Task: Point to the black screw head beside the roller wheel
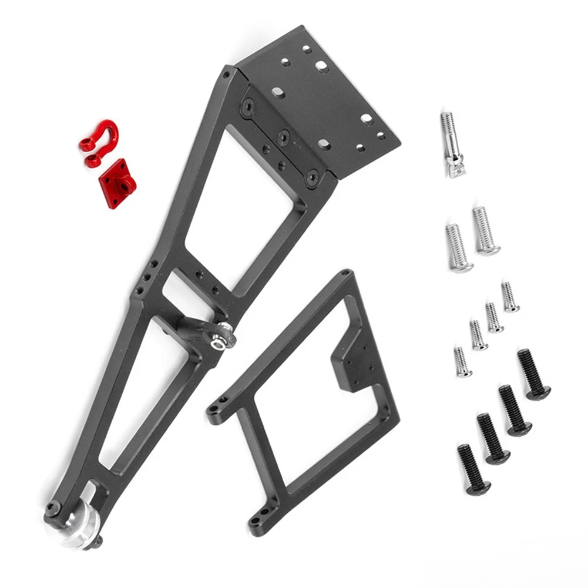click(52, 508)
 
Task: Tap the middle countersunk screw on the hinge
click(284, 136)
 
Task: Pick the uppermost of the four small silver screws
click(509, 297)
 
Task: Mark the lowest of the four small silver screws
click(462, 362)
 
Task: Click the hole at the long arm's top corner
click(226, 75)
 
